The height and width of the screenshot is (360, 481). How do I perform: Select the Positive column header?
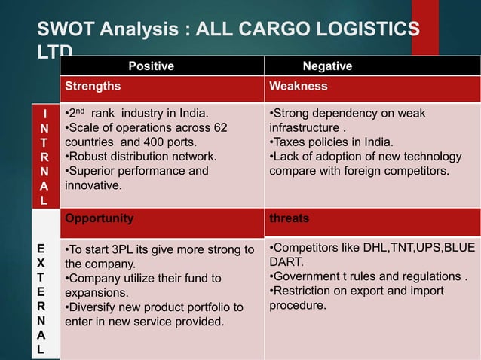(149, 66)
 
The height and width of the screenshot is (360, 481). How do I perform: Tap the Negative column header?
(327, 66)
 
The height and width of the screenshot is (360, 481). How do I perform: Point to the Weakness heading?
(299, 86)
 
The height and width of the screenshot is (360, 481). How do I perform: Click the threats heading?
(290, 218)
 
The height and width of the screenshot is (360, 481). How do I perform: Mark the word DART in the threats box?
(286, 262)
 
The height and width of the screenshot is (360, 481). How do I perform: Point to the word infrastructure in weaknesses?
(304, 127)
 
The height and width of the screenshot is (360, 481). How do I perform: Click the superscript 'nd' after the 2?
(82, 111)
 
